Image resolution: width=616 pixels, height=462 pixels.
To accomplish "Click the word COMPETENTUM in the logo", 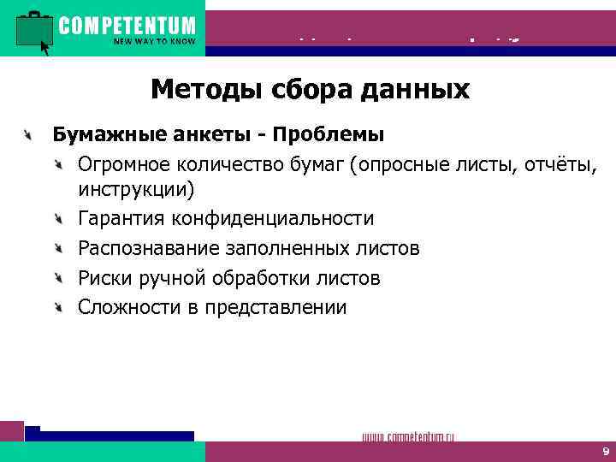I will click(127, 24).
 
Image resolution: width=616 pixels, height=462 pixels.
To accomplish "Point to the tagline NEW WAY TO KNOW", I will click(154, 40).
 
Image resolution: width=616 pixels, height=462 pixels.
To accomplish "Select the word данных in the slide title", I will click(419, 89).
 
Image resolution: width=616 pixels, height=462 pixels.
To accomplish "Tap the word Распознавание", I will click(146, 249).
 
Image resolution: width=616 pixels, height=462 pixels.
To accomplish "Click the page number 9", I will click(605, 451).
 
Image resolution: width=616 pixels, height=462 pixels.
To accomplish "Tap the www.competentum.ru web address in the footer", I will click(408, 437).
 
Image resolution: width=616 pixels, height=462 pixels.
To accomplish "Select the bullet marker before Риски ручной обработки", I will click(58, 278).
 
